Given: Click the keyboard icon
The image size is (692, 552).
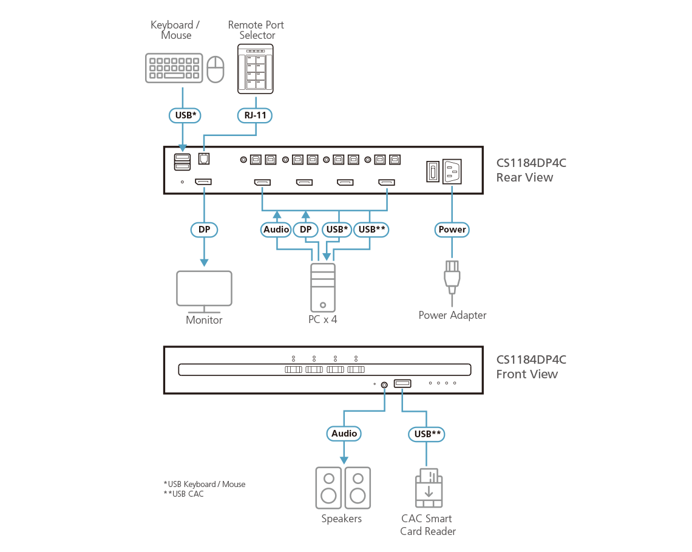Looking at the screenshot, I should click(174, 68).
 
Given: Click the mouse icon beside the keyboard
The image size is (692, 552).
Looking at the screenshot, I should click(215, 69).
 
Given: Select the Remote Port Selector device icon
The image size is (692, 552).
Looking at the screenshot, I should click(255, 69).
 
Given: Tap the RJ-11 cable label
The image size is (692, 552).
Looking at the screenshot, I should click(255, 114).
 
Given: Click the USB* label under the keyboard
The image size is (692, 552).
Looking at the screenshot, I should click(183, 114).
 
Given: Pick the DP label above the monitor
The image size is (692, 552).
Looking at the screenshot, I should click(204, 230).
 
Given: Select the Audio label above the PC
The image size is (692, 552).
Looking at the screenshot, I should click(277, 230).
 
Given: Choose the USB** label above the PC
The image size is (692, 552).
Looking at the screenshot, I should click(371, 230).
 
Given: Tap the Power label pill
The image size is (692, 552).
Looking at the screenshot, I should click(452, 230).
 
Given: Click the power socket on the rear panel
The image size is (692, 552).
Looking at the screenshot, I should click(454, 171).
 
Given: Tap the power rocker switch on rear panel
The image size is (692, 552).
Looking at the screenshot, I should click(431, 171).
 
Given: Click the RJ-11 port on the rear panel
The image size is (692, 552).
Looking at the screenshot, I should click(204, 160).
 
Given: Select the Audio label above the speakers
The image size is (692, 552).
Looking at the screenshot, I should click(344, 434).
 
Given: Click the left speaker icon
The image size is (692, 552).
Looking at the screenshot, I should click(328, 488).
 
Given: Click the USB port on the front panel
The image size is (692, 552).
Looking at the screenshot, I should click(402, 383).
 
